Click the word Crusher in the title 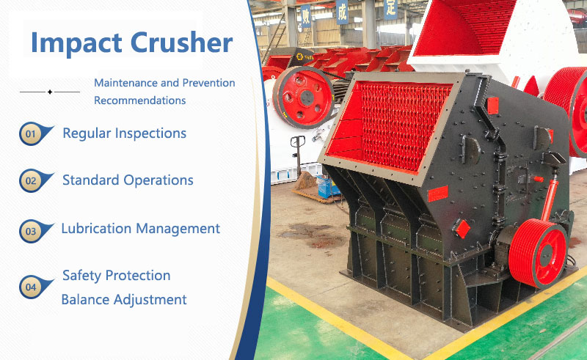point(180,43)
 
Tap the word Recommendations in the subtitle point(139,100)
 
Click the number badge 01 point(31,134)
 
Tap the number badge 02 point(31,180)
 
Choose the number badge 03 point(31,231)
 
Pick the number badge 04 point(31,287)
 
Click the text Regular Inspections point(124,133)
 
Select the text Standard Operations point(128,180)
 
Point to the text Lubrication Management point(140,229)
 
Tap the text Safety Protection point(116,276)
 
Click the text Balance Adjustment point(124,299)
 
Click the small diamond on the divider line point(49,92)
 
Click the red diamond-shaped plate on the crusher point(462,228)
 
